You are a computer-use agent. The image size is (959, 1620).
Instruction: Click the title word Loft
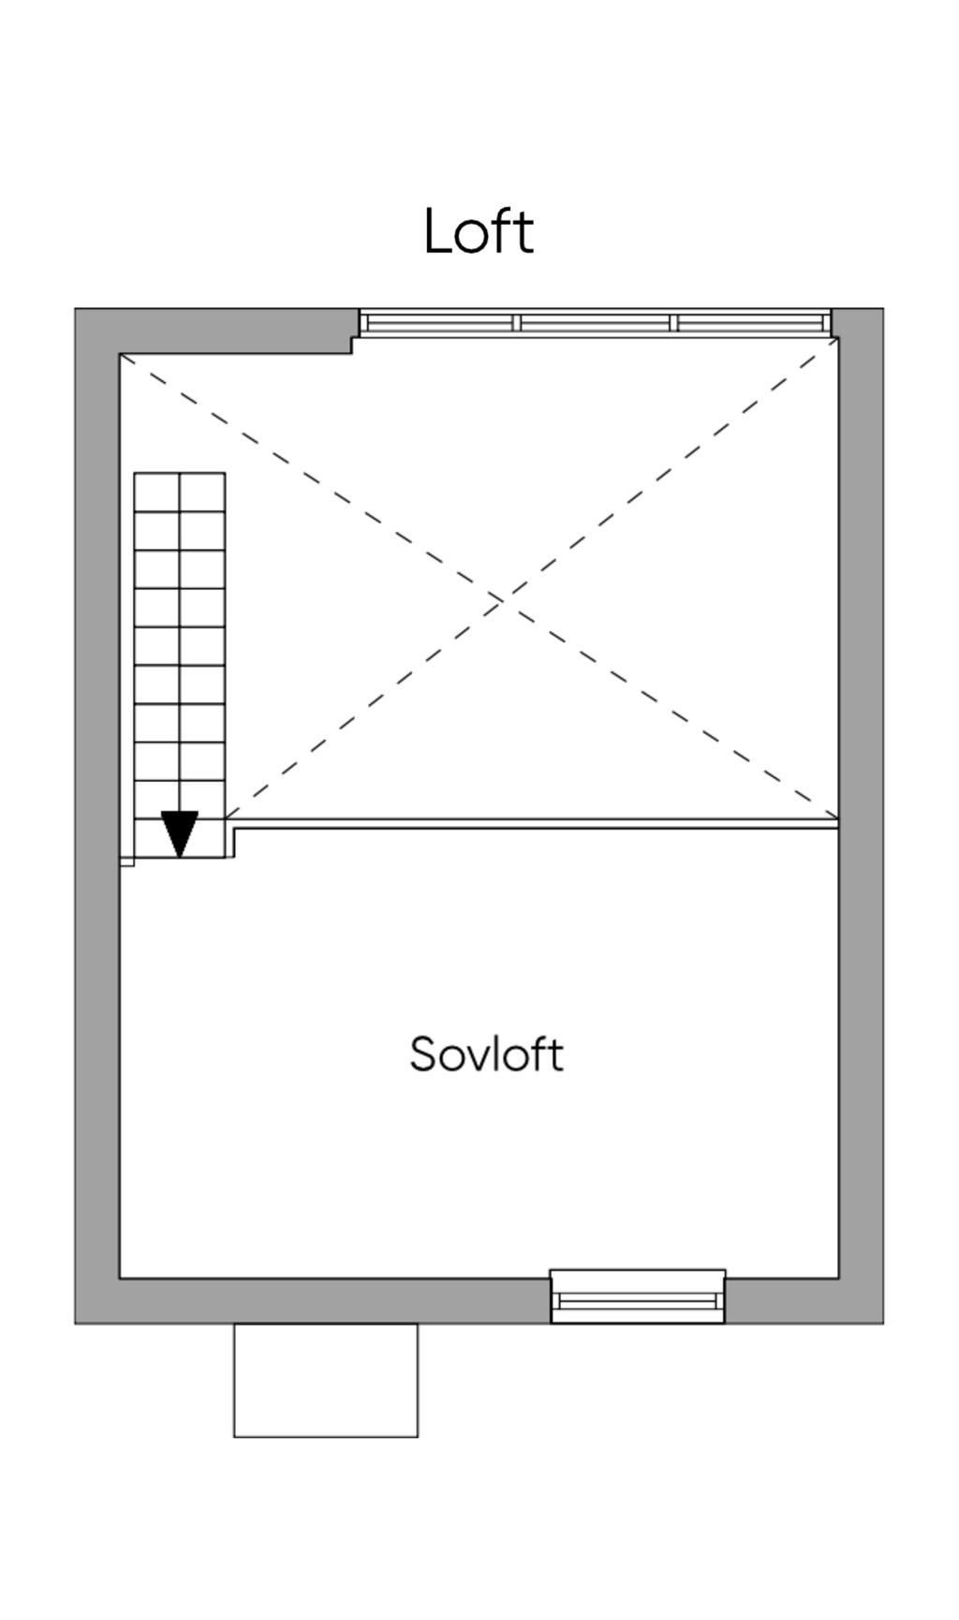pyautogui.click(x=479, y=231)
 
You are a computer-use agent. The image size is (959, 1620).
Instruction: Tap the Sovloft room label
pyautogui.click(x=486, y=1054)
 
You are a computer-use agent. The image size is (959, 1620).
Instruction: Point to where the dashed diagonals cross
pyautogui.click(x=503, y=596)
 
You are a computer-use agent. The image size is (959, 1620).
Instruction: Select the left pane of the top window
pyautogui.click(x=438, y=323)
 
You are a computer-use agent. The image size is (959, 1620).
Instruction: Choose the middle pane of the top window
pyautogui.click(x=595, y=323)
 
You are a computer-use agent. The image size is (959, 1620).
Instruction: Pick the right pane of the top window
pyautogui.click(x=750, y=323)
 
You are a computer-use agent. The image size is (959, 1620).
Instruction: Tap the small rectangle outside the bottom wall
pyautogui.click(x=326, y=1380)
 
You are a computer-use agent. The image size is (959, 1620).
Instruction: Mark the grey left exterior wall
pyautogui.click(x=96, y=815)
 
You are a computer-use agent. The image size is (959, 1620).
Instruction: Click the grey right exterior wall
pyautogui.click(x=861, y=815)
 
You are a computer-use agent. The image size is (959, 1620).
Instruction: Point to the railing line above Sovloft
pyautogui.click(x=534, y=824)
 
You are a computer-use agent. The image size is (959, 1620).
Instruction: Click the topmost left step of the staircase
pyautogui.click(x=156, y=493)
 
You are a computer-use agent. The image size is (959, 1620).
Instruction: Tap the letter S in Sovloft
pyautogui.click(x=423, y=1054)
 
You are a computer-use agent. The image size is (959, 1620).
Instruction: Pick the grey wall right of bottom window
pyautogui.click(x=804, y=1301)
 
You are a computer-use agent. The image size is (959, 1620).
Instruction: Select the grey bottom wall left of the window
pyautogui.click(x=318, y=1301)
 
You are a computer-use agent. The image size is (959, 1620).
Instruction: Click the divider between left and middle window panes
pyautogui.click(x=516, y=323)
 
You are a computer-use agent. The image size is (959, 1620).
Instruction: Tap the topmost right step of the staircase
pyautogui.click(x=202, y=493)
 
